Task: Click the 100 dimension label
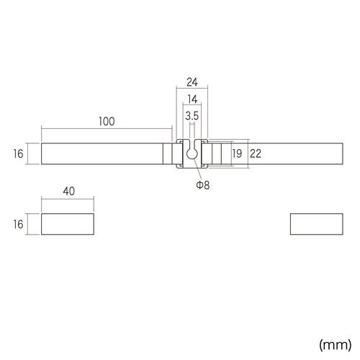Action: [x=107, y=122]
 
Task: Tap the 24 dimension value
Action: [x=192, y=82]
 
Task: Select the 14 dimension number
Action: [x=192, y=99]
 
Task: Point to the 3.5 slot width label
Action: [x=192, y=116]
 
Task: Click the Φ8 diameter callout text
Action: [x=203, y=185]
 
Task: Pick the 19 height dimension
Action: [x=237, y=153]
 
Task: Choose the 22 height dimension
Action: [x=256, y=153]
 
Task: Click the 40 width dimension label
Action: [x=69, y=192]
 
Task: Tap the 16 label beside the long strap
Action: [x=19, y=154]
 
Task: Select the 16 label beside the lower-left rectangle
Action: [x=19, y=225]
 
